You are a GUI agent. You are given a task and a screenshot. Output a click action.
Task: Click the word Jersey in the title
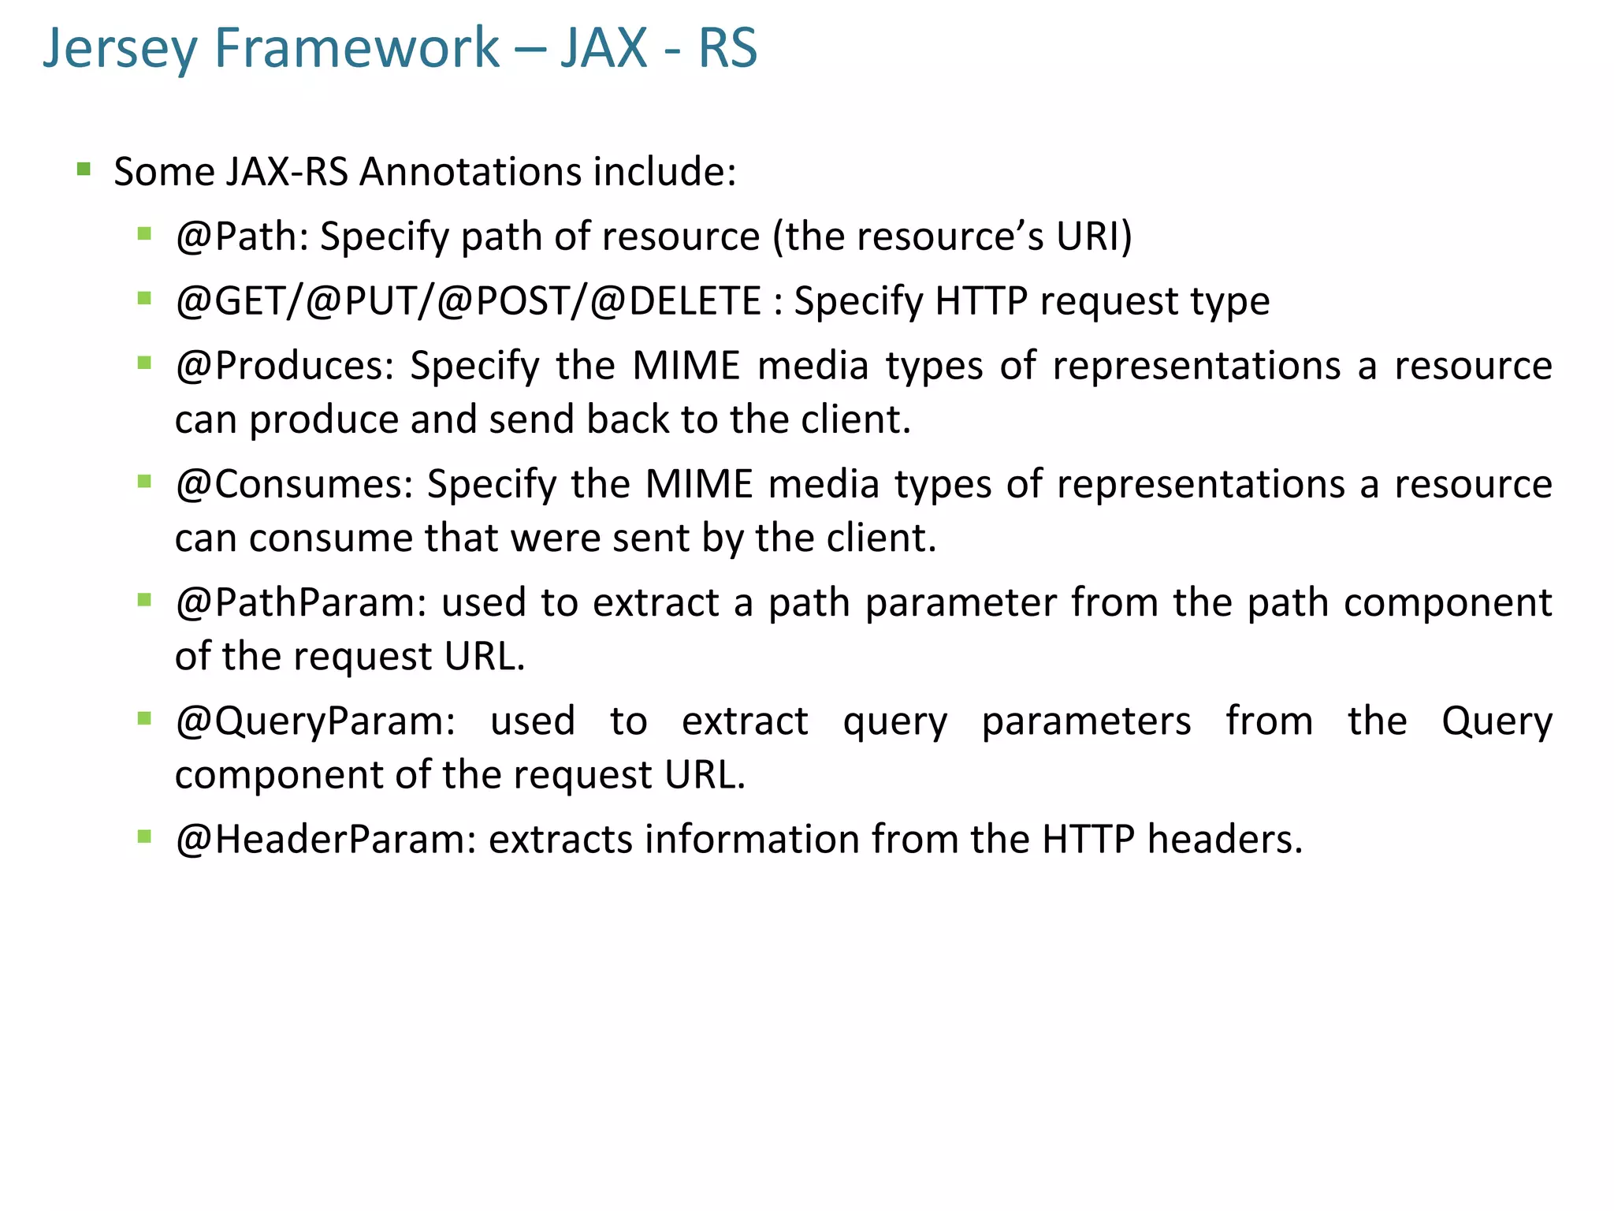[119, 49]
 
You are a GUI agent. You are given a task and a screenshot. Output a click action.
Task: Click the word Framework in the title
[356, 49]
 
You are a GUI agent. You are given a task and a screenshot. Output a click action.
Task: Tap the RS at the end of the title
[727, 49]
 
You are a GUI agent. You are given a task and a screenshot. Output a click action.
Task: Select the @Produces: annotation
[284, 366]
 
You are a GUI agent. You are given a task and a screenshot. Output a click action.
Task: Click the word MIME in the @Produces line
[686, 366]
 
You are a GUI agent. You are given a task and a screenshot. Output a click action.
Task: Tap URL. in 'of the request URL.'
[484, 657]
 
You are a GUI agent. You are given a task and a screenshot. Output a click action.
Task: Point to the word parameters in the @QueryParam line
[1086, 721]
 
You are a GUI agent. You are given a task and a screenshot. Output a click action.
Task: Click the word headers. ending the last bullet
[1225, 840]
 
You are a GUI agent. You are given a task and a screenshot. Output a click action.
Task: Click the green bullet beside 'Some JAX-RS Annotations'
[84, 169]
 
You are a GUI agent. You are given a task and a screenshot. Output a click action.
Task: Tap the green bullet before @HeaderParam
[144, 837]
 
